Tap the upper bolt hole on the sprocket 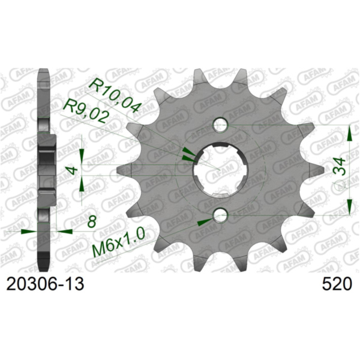[220, 125]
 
